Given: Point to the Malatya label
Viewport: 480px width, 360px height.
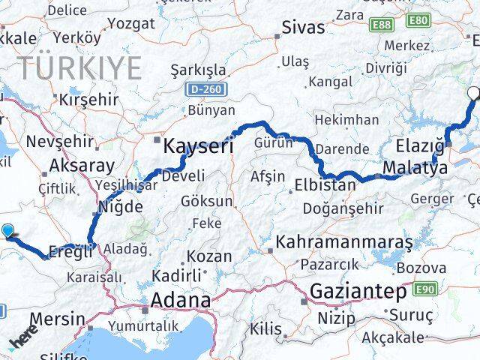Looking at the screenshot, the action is pyautogui.click(x=414, y=167).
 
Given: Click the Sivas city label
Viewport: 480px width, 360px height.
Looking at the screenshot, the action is pyautogui.click(x=303, y=28).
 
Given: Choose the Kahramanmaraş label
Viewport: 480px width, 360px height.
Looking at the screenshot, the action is pyautogui.click(x=344, y=243).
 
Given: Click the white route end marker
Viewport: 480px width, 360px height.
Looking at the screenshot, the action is pyautogui.click(x=474, y=94).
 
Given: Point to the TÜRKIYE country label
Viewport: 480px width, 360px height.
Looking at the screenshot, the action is pyautogui.click(x=79, y=68).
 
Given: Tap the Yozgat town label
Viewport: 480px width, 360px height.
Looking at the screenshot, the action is pyautogui.click(x=130, y=23).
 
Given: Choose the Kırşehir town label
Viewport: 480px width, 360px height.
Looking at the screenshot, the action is pyautogui.click(x=89, y=100).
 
